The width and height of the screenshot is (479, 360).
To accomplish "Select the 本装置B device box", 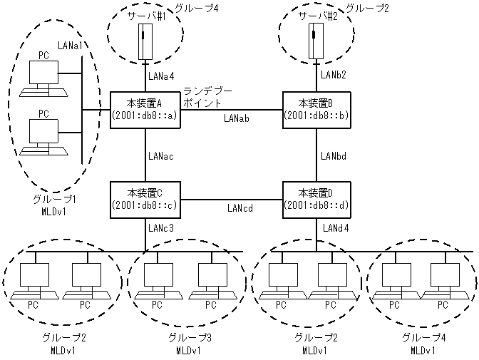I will point(316,110).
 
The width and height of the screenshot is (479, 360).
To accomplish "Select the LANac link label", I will point(163,155).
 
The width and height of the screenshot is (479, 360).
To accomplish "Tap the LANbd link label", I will point(334,155).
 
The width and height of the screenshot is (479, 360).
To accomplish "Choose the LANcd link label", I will point(241,208).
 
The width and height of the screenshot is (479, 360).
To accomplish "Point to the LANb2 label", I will point(334,74).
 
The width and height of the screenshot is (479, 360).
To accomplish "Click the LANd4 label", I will point(334,228).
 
